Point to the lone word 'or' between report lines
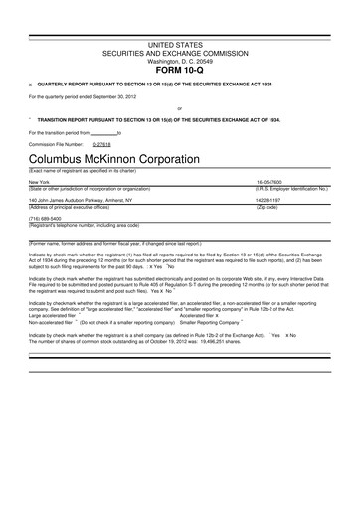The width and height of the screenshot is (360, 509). point(179,108)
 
